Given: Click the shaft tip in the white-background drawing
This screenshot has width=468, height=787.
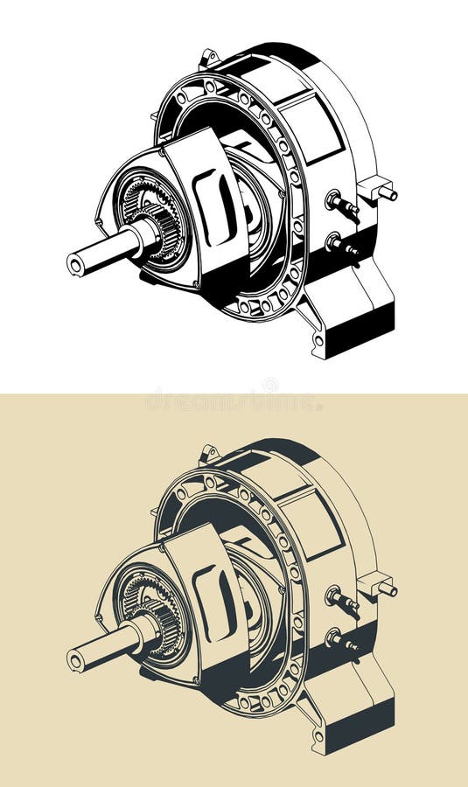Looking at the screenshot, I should click(x=76, y=261).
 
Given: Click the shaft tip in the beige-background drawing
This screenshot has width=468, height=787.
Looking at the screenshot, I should click(x=76, y=658).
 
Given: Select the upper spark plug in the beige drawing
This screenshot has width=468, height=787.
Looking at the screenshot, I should click(x=341, y=600).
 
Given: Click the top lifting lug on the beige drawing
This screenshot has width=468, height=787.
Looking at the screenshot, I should click(x=208, y=455).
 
